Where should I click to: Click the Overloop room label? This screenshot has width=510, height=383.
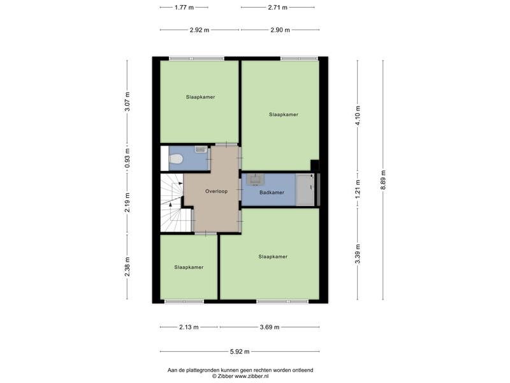(216, 191)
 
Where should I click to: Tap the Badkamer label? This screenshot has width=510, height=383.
(272, 193)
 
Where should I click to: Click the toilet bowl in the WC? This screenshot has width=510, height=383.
(176, 159)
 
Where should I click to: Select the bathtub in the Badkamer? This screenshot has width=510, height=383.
(305, 190)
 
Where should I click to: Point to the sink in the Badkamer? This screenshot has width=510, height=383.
(256, 179)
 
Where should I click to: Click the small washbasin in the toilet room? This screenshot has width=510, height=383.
(201, 149)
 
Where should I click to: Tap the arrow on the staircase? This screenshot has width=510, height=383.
(170, 204)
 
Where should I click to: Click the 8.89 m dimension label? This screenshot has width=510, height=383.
(383, 181)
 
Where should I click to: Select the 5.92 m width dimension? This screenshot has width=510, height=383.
(240, 352)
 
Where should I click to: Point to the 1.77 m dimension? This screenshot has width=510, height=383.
(184, 7)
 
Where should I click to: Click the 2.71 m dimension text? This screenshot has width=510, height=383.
(278, 7)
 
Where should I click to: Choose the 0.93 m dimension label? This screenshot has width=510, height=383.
(127, 158)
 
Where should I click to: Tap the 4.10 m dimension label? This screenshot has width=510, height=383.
(358, 116)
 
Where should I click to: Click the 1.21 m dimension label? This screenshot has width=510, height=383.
(358, 189)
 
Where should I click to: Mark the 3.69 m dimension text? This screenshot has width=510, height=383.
(270, 327)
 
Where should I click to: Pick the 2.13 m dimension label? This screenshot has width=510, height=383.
(189, 327)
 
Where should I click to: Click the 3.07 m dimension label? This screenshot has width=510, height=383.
(127, 101)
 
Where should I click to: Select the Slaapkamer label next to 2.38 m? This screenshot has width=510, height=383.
(189, 267)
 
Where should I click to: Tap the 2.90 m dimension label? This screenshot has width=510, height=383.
(280, 30)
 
